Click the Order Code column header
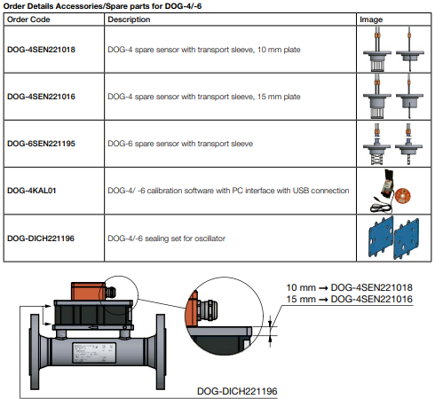point(28,20)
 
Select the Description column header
point(129,20)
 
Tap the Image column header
point(371,20)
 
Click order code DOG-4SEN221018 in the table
point(41,50)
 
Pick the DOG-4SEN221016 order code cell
point(41,97)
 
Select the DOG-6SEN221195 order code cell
point(41,144)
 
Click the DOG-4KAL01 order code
point(32,191)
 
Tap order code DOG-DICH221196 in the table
point(41,239)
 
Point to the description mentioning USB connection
point(228,191)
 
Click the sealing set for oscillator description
point(167,239)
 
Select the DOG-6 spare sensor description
point(180,144)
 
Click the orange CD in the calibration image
point(403,196)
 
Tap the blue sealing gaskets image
point(394,238)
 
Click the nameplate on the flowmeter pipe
point(94,353)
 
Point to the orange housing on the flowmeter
point(88,291)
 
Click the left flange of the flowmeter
point(35,351)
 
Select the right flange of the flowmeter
point(161,352)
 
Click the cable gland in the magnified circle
point(209,309)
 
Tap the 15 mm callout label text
point(349,299)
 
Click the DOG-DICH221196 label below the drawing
point(237,391)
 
